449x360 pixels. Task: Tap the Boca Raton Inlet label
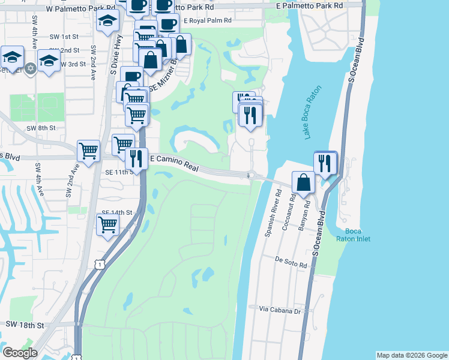pyautogui.click(x=357, y=235)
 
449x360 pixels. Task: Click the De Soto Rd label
pyautogui.click(x=291, y=262)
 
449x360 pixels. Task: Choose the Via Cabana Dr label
pyautogui.click(x=280, y=310)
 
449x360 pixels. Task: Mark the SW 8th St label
pyautogui.click(x=41, y=128)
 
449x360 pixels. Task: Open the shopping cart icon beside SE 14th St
pyautogui.click(x=108, y=225)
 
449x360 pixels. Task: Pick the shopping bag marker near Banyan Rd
pyautogui.click(x=304, y=182)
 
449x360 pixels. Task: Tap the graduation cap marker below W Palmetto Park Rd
pyautogui.click(x=107, y=20)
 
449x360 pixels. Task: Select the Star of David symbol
pyautogui.click(x=30, y=68)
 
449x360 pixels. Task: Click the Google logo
pyautogui.click(x=20, y=353)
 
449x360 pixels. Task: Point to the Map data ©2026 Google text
pyautogui.click(x=412, y=355)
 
